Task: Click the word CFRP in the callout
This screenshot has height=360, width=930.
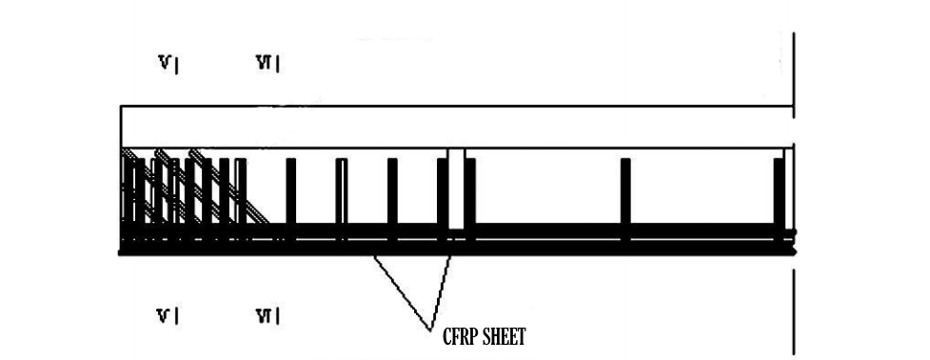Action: point(460,337)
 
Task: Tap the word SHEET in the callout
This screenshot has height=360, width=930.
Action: point(505,337)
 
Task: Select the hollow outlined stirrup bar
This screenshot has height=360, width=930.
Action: point(341,195)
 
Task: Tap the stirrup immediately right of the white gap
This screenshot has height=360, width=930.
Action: point(470,195)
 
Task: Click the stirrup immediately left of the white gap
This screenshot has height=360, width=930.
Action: point(442,195)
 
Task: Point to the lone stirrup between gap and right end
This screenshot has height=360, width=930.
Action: point(625,195)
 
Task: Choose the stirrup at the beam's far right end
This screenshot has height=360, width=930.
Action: point(779,195)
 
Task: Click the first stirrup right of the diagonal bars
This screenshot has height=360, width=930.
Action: point(290,195)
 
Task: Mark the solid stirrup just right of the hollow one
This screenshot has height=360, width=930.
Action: point(391,195)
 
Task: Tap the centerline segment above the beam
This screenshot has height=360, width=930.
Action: point(793,67)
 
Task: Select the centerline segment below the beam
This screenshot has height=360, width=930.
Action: point(793,310)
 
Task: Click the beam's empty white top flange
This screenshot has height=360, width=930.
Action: point(457,127)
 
